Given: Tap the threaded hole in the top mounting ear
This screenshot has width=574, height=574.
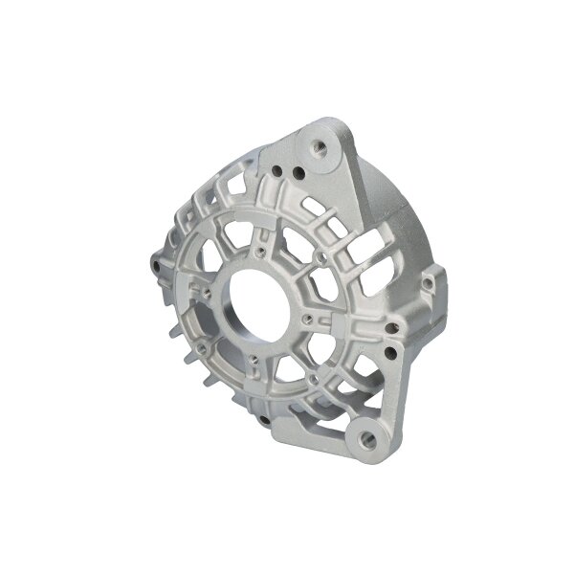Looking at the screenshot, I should (320, 146).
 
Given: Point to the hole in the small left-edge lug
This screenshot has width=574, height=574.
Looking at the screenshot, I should (154, 259).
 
